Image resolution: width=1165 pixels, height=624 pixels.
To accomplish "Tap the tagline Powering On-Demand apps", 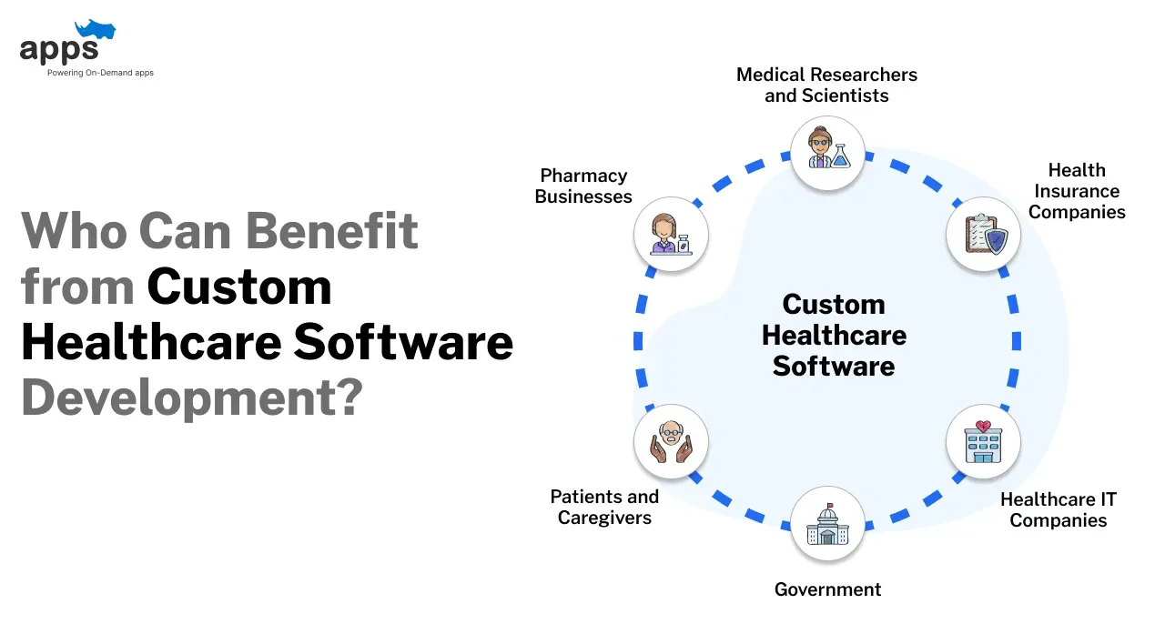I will coord(100,73).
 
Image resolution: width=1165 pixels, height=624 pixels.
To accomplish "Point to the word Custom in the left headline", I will coord(239,287).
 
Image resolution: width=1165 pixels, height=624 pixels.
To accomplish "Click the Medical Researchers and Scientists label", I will coord(826,85).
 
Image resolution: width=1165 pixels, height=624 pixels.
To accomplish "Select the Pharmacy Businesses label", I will coord(583,186).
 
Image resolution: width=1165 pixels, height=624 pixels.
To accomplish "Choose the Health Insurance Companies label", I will coord(1078,191).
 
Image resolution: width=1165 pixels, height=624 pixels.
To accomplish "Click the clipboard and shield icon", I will coord(983,235).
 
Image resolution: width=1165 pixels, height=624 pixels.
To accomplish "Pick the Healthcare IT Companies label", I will coord(1058,510).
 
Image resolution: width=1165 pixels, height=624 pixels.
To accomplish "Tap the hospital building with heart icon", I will coord(983,442).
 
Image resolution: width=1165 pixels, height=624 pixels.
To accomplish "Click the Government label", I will coord(827,589).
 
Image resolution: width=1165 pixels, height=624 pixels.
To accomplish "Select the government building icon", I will coord(826,523).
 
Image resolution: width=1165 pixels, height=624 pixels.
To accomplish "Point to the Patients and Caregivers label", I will coord(604,507).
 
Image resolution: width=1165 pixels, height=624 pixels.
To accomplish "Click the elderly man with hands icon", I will coord(671,442).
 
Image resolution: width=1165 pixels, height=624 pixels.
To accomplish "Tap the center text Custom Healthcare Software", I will coord(834,335).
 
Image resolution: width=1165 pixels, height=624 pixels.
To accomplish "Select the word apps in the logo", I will coord(59,49).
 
